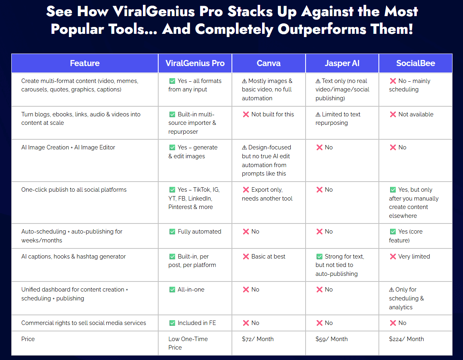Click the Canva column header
269,63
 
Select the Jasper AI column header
342,63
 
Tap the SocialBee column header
415,63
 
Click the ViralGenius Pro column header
195,63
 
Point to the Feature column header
85,63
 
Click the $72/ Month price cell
258,339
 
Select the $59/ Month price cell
331,339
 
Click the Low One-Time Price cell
188,343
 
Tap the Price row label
28,339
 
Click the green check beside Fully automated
172,232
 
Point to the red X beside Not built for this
246,114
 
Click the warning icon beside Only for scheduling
391,290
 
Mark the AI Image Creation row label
68,147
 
